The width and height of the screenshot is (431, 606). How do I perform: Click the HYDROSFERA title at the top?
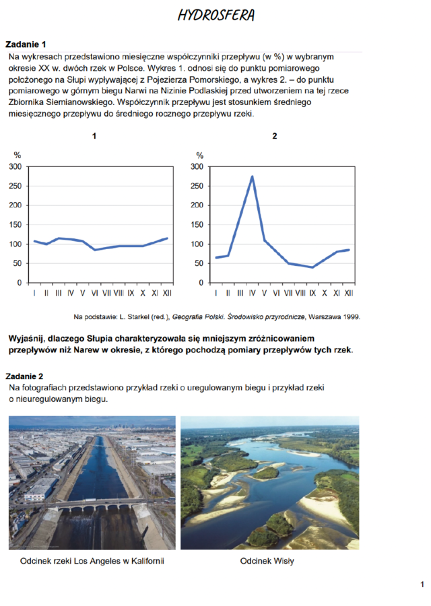pos(215,15)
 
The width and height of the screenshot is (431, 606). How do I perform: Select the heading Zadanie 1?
pos(26,44)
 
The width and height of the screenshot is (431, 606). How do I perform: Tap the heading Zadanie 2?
pos(26,375)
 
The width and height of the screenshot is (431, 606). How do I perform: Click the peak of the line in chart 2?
pos(253,176)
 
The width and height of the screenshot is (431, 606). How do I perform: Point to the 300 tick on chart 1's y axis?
pos(15,166)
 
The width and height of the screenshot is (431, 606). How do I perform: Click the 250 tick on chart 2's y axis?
pos(199,186)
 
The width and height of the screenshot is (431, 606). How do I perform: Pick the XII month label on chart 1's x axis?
pos(166,294)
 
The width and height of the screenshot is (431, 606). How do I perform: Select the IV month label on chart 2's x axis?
pos(253,294)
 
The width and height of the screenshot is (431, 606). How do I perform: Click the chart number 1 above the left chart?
pos(94,136)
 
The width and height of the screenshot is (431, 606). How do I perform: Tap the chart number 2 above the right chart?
pos(275,136)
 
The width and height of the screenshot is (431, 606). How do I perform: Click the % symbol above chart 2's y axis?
pos(199,156)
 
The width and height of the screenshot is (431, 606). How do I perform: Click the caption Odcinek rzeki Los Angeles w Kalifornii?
pos(92,561)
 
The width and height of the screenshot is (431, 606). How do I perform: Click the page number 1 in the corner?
pos(422,584)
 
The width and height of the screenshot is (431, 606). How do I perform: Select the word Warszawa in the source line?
pos(326,316)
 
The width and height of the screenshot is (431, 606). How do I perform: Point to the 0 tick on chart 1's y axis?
pos(20,283)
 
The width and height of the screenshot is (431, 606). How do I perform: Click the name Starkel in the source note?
pos(131,316)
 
